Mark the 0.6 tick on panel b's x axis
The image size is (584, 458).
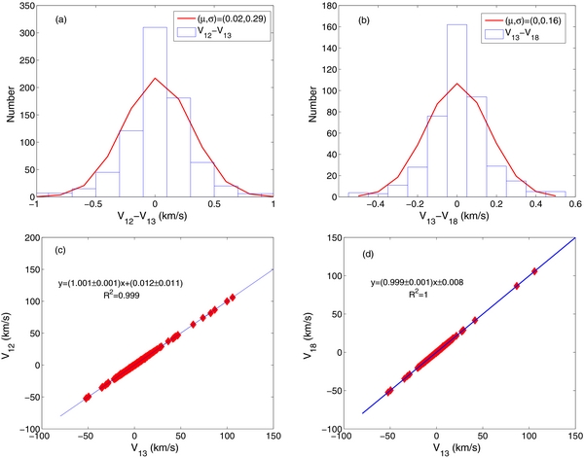tap(574, 206)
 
